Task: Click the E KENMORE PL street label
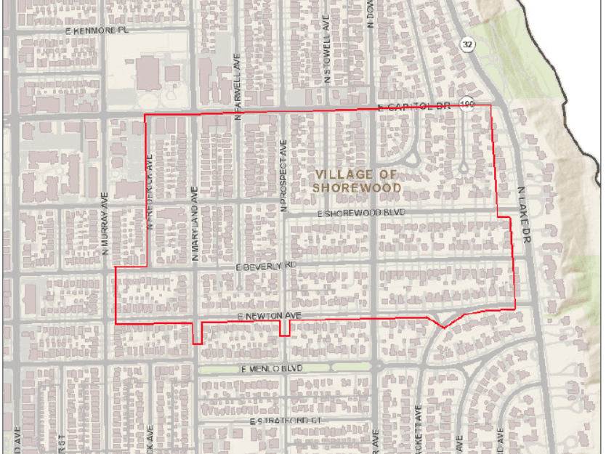point(96,31)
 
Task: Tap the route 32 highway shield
point(466,44)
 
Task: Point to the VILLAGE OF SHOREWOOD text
point(356,180)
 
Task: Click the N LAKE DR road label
point(523,214)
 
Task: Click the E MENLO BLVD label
point(271,369)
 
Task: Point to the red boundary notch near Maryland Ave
point(197,335)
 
